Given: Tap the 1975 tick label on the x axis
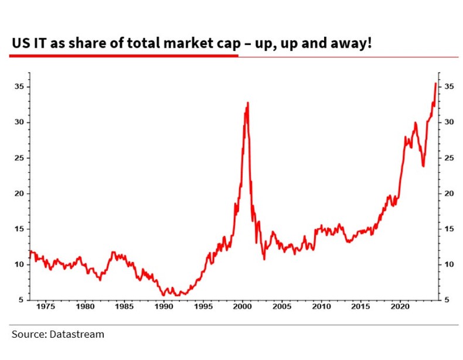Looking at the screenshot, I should (x=46, y=306).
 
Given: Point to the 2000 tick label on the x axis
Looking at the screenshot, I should (x=243, y=306).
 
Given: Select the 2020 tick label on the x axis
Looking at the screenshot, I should (x=400, y=306).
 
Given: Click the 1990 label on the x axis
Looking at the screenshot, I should (x=164, y=306).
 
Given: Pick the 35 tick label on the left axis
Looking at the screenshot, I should (x=20, y=87).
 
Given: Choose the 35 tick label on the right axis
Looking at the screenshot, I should (x=450, y=87).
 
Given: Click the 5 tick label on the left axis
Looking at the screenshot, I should (x=22, y=300).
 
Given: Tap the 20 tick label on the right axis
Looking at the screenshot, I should (x=450, y=193).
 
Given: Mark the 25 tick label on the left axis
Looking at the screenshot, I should (x=20, y=158).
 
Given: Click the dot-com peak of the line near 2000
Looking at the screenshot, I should (x=247, y=103).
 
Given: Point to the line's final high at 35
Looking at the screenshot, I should (x=435, y=83).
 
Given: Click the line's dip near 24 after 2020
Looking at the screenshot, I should (x=423, y=166).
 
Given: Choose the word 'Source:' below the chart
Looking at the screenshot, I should (x=28, y=335).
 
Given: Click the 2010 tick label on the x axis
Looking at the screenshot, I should (x=321, y=306).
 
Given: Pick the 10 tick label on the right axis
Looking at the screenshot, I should (x=450, y=264).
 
